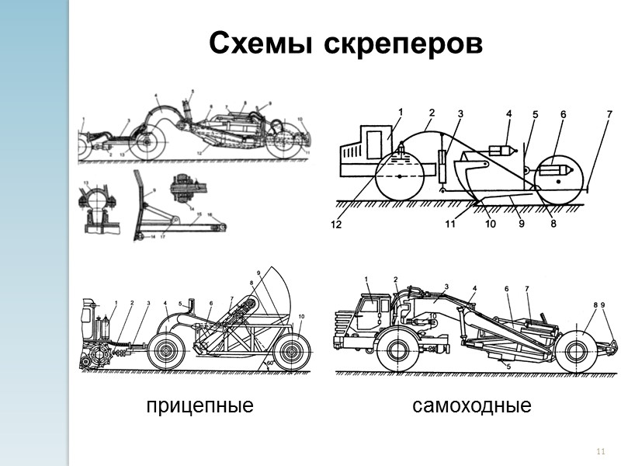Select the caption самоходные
[472, 405]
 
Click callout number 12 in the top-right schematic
[336, 225]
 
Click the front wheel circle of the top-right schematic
[399, 176]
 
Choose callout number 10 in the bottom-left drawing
[301, 316]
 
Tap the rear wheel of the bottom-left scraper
[291, 351]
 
